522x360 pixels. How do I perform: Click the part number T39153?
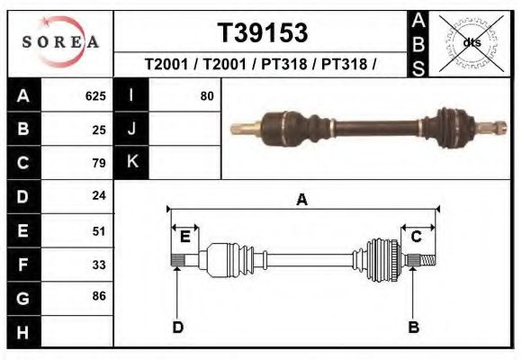coord(262,33)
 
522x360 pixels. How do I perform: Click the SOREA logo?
coord(60,43)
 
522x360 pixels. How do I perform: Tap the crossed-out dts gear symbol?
coord(471,41)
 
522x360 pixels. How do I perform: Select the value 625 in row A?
coord(95,95)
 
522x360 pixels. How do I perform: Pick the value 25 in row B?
coord(99,130)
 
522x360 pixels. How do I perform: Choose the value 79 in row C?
coord(99,163)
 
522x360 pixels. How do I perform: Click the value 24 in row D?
coord(99,195)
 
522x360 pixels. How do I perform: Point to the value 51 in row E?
coord(99,230)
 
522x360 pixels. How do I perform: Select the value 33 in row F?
coord(99,264)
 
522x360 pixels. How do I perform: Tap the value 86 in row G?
coord(99,296)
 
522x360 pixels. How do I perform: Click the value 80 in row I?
coord(207,95)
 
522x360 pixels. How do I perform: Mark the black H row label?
coord(23,331)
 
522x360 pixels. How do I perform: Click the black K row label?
coord(131,162)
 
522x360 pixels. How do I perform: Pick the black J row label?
coord(131,129)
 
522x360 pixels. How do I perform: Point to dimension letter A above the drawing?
coord(301,200)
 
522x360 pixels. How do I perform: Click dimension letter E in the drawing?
coord(184,237)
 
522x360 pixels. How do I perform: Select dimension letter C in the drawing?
coord(417,237)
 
